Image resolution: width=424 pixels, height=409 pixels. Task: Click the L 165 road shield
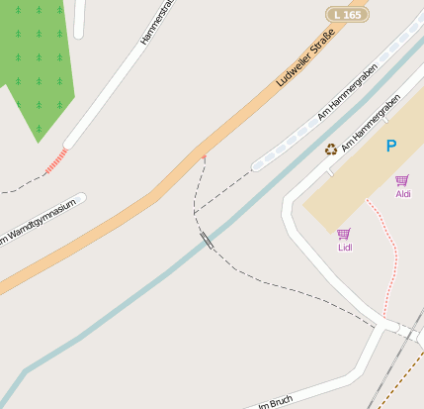pos(347,14)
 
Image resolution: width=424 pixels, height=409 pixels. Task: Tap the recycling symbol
pos(331,150)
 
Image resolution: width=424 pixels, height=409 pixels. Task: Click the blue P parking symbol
pos(391,146)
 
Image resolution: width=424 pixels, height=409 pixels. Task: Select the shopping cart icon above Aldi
pos(402,180)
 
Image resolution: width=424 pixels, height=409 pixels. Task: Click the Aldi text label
pos(403,194)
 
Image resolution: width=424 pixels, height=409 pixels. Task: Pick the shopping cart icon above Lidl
pos(344,234)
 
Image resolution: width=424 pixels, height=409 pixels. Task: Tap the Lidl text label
pos(345,248)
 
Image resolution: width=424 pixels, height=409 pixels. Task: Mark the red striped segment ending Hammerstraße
pos(56,161)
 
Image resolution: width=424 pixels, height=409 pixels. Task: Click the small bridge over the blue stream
pos(206,238)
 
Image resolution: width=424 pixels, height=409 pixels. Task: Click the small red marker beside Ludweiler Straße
pos(204,156)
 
